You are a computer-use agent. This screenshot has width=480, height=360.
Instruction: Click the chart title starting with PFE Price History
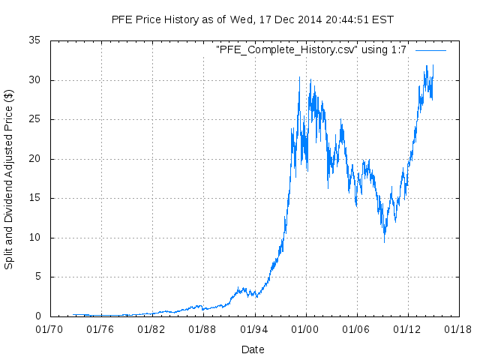[x=252, y=19]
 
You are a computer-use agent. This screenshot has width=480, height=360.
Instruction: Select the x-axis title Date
[x=253, y=349]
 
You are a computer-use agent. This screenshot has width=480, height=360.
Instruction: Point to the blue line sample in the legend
[x=430, y=50]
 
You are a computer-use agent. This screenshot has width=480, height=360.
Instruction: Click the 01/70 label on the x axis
[x=49, y=328]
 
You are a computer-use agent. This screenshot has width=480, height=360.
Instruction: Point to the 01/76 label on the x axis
[x=100, y=328]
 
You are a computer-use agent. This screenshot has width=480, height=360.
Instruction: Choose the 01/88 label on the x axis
[x=202, y=328]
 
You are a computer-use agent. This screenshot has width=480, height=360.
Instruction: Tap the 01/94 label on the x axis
[x=253, y=328]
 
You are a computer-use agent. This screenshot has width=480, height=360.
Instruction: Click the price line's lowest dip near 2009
[x=384, y=241]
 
